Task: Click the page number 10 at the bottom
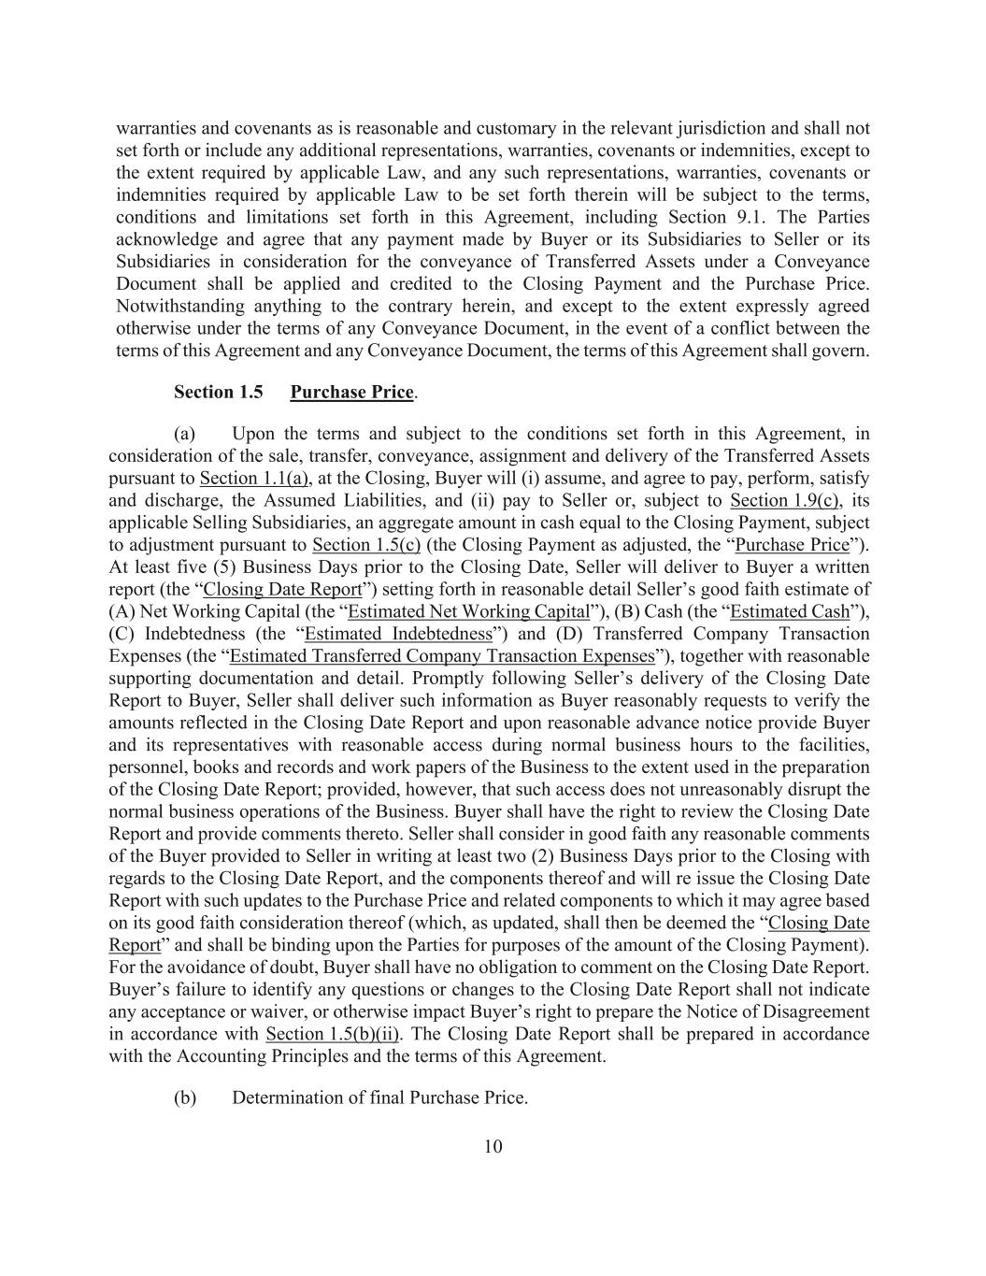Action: click(493, 1147)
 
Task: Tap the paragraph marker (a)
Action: click(185, 434)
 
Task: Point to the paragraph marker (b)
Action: click(185, 1097)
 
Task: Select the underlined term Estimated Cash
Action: click(790, 612)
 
